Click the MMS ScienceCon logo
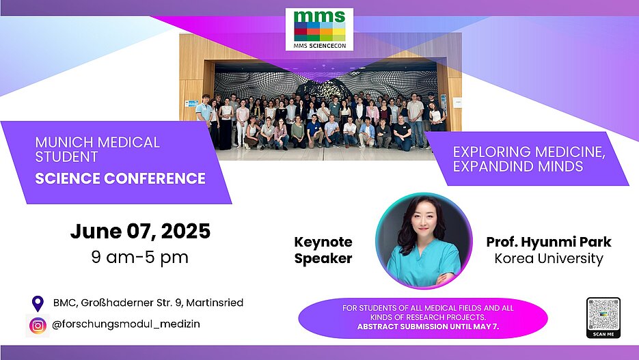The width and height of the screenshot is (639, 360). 320,29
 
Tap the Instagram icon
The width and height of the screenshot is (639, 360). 38,325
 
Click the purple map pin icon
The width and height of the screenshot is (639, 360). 38,304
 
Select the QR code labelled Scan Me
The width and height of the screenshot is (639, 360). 603,318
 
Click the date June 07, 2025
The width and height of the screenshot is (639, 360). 140,232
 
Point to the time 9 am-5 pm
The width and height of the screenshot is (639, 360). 140,258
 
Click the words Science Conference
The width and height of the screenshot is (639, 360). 120,178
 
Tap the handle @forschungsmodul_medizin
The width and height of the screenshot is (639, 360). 126,324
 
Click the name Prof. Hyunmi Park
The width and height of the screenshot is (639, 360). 549,242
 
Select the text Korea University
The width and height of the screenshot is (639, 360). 549,259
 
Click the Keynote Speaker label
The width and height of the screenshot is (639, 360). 323,250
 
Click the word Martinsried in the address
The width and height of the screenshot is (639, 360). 215,303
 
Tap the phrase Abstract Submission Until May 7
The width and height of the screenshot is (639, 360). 428,327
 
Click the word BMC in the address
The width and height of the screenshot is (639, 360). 64,303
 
